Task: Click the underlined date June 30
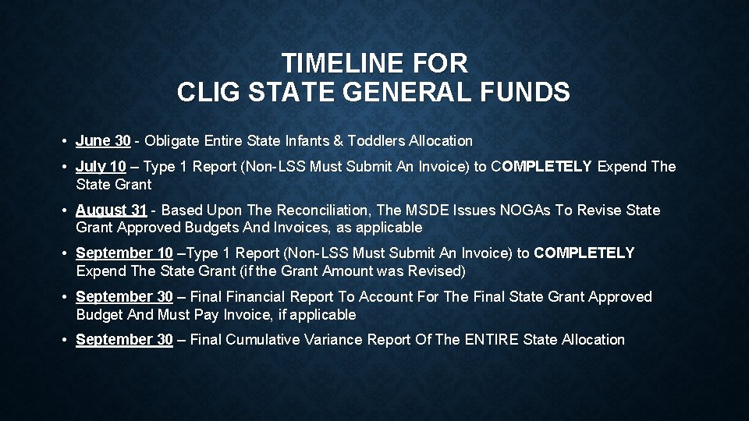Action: [103, 141]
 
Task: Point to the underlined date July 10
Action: [101, 167]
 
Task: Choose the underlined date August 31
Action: [111, 210]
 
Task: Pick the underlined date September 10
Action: [124, 253]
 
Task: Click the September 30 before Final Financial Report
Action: [124, 297]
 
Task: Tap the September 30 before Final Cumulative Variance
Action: [124, 340]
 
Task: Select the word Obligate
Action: [170, 141]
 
